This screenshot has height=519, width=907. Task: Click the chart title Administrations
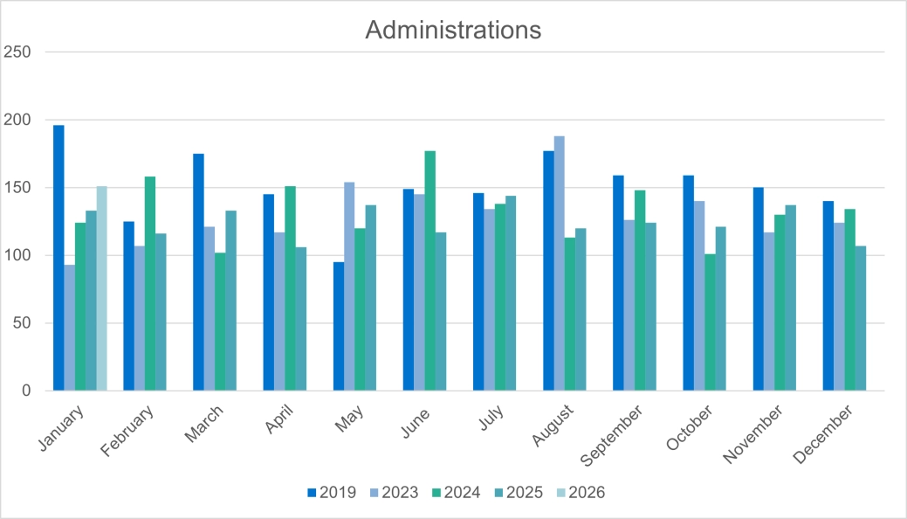[453, 30]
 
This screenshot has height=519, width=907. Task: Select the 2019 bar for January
[58, 258]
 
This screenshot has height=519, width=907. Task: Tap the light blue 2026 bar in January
[101, 288]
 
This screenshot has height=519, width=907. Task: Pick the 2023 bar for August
[559, 263]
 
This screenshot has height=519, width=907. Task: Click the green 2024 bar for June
[429, 271]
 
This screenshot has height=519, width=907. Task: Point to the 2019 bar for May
[339, 326]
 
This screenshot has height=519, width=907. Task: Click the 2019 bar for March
[198, 272]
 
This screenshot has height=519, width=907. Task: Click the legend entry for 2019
[331, 493]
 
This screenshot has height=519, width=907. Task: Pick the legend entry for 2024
[455, 493]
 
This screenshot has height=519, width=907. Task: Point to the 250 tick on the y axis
[19, 52]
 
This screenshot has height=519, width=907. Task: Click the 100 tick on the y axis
[19, 255]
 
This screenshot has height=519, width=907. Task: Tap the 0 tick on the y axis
[26, 391]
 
